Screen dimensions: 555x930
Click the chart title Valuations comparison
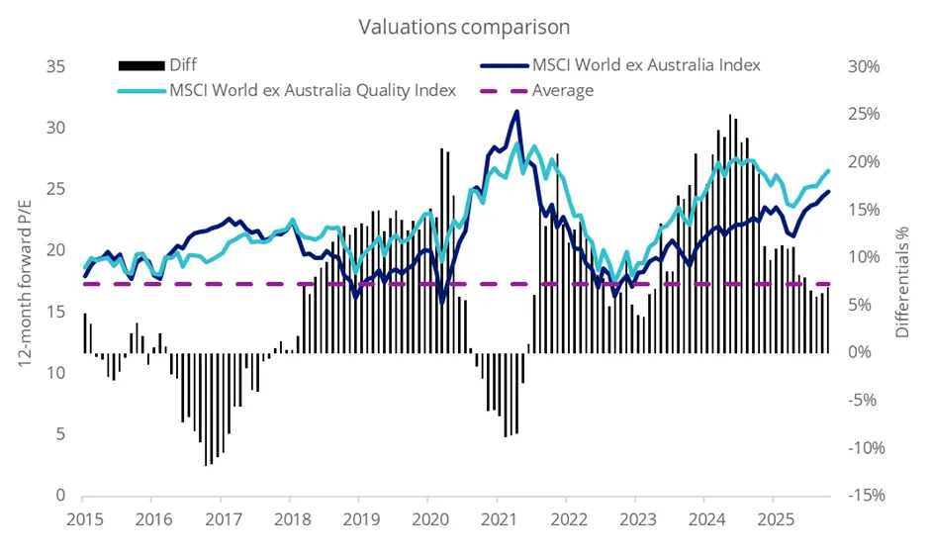click(464, 27)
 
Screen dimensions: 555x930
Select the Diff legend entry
click(183, 65)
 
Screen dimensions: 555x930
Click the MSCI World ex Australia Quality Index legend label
click(313, 90)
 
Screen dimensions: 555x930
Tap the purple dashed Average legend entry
click(562, 90)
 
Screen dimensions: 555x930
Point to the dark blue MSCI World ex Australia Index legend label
click(646, 65)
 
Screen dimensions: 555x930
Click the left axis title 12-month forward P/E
click(26, 280)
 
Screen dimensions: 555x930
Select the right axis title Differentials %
click(901, 280)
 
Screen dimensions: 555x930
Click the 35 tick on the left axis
click(55, 66)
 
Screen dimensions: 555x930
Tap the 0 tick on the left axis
click(60, 495)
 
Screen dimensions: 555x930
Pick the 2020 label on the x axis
click(428, 518)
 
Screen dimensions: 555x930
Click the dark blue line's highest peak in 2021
click(516, 111)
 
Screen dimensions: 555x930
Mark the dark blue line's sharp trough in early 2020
click(442, 300)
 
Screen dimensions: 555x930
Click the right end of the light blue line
click(828, 170)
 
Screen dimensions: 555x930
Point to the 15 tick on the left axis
click(55, 312)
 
